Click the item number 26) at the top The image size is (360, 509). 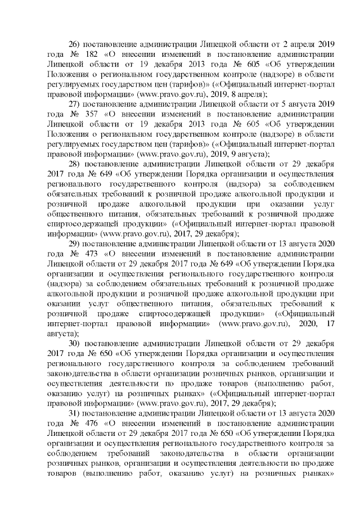(x=75, y=44)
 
